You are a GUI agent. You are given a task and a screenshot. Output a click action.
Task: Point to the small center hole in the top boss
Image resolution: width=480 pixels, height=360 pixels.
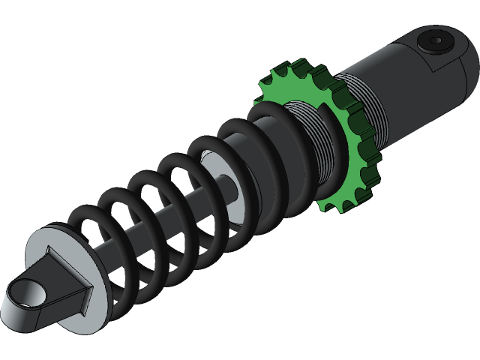(x=436, y=39)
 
